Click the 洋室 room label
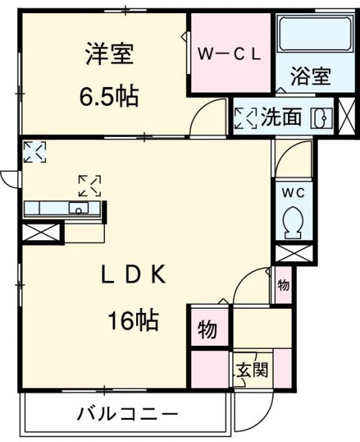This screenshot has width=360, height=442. click(109, 56)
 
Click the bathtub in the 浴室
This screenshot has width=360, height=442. click(313, 35)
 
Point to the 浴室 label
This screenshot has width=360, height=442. click(310, 75)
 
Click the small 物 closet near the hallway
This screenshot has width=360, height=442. click(283, 285)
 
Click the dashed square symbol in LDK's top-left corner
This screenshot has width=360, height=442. click(35, 151)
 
